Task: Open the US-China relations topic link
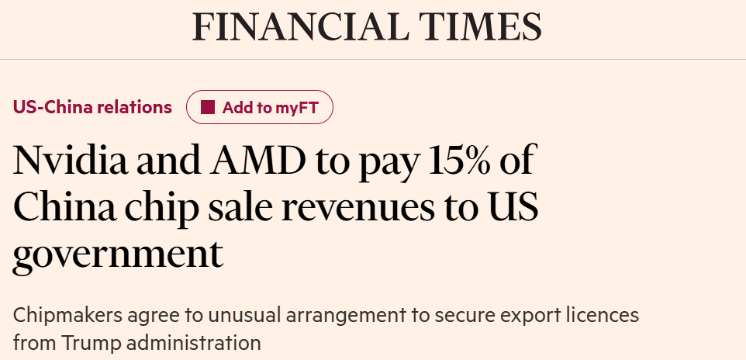point(92,107)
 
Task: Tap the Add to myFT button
point(260,108)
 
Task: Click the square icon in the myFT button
point(207,108)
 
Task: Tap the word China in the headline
point(61,208)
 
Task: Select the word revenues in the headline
point(376,208)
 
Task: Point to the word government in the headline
point(118,255)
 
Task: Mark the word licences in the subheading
point(602,316)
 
